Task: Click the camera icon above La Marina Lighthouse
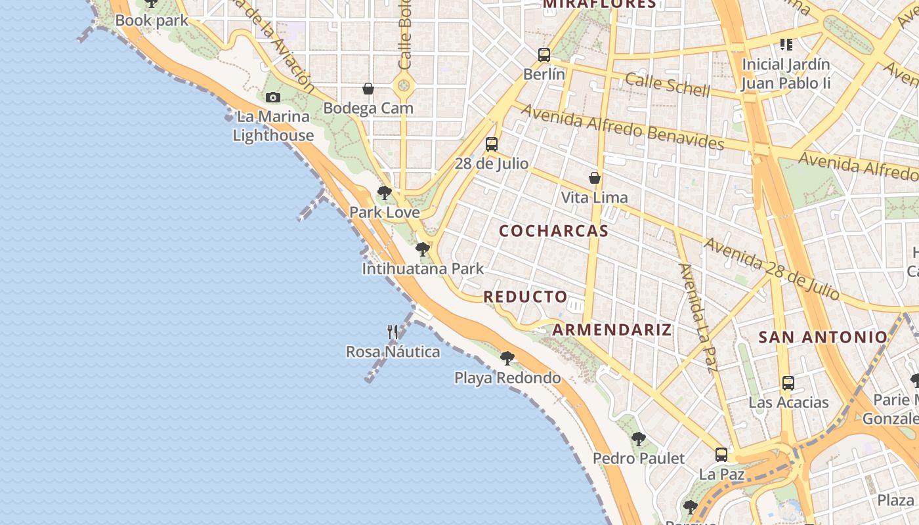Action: point(273,98)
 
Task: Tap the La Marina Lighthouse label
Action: point(273,126)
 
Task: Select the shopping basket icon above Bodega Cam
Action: point(368,89)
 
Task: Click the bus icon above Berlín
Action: point(544,55)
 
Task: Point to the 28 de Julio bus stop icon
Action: point(492,144)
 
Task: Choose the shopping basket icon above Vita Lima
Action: point(595,178)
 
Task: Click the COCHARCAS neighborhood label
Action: point(553,231)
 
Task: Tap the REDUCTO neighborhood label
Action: point(525,297)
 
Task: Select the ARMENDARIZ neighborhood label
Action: point(612,329)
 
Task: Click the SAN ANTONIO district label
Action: point(823,337)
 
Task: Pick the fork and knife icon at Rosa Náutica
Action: point(393,332)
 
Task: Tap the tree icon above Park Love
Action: point(385,193)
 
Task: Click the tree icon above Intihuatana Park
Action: point(423,249)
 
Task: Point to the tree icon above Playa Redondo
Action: point(507,358)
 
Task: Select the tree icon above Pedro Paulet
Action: point(638,439)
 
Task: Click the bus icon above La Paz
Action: point(721,454)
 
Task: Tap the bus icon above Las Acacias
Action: point(788,383)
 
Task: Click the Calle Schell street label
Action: point(667,84)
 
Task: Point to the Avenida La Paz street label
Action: point(697,317)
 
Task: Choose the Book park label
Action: point(152,20)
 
